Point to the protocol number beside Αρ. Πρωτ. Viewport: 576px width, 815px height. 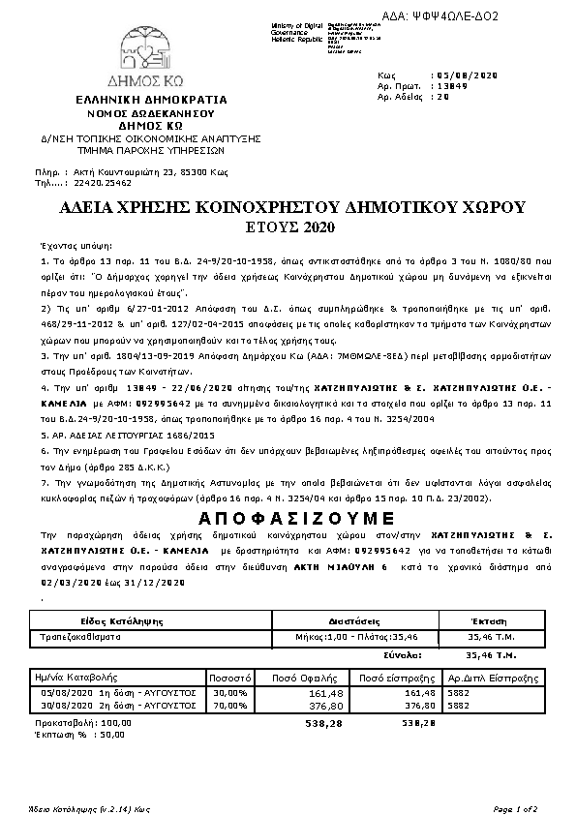click(x=451, y=85)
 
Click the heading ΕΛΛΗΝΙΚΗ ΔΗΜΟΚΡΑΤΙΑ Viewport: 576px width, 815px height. click(x=151, y=100)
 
